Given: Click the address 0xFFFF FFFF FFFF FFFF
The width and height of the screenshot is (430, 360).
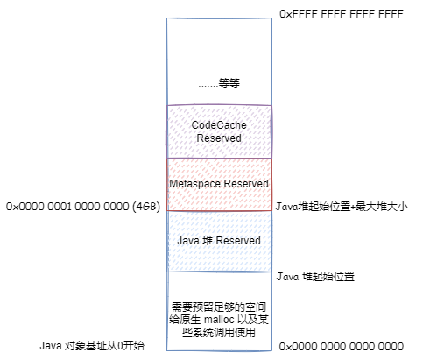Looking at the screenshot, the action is pyautogui.click(x=342, y=14).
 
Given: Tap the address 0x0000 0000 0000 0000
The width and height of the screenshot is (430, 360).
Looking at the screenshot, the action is pyautogui.click(x=342, y=347).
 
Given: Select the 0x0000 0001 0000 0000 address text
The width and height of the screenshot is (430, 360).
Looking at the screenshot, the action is pyautogui.click(x=67, y=207).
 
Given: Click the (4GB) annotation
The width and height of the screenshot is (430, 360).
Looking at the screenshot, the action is pyautogui.click(x=146, y=207).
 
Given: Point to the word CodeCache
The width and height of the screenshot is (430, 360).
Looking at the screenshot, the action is pyautogui.click(x=219, y=125).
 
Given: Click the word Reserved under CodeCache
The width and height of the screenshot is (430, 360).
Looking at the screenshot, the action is pyautogui.click(x=219, y=138).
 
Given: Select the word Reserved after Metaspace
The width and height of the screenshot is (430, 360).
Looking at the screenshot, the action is pyautogui.click(x=246, y=184).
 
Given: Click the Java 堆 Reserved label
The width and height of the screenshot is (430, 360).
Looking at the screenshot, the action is pyautogui.click(x=219, y=241).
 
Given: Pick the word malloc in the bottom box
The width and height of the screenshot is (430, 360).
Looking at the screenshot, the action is pyautogui.click(x=219, y=320).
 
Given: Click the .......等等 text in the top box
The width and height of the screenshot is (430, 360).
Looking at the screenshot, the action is pyautogui.click(x=219, y=83).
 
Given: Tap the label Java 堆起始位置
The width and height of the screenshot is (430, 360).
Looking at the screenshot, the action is pyautogui.click(x=315, y=277).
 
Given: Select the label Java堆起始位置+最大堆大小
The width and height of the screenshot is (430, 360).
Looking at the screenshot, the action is pyautogui.click(x=342, y=207).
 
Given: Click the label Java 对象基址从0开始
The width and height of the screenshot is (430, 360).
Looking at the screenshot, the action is pyautogui.click(x=92, y=346).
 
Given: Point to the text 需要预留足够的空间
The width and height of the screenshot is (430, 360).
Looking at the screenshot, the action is pyautogui.click(x=219, y=307).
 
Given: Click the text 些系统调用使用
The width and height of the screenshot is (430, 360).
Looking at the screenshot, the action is pyautogui.click(x=219, y=332).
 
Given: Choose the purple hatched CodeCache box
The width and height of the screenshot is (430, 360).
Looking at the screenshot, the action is pyautogui.click(x=219, y=131).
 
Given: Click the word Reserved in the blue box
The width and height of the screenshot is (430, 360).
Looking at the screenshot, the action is pyautogui.click(x=238, y=241).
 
